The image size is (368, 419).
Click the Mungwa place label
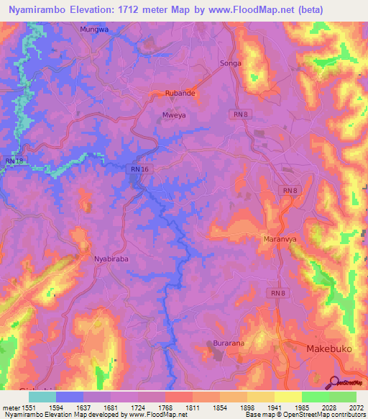pyautogui.click(x=93, y=30)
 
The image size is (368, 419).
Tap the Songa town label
pyautogui.click(x=231, y=63)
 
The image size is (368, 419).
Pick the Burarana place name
pyautogui.click(x=229, y=344)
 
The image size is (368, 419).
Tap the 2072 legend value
pyautogui.click(x=356, y=407)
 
